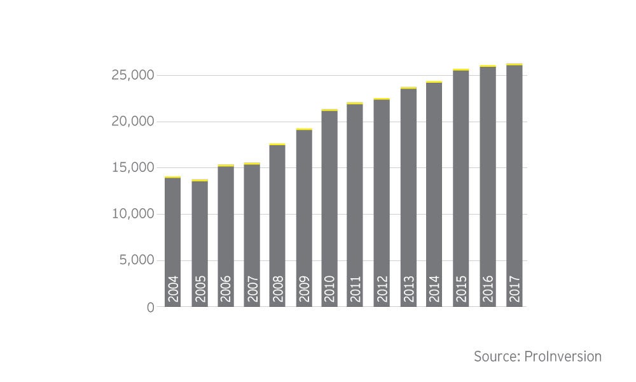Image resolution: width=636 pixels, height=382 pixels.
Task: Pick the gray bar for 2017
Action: (x=514, y=178)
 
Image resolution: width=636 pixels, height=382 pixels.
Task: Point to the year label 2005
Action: (x=200, y=289)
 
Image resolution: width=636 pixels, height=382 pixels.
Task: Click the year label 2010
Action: (x=330, y=289)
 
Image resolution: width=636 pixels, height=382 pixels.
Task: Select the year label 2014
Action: (x=434, y=289)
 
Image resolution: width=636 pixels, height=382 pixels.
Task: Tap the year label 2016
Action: (x=488, y=289)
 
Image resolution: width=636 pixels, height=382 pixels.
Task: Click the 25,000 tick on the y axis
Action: (x=132, y=76)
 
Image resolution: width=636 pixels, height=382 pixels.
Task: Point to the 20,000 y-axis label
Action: (x=132, y=122)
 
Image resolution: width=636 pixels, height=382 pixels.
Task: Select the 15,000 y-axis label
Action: (x=132, y=168)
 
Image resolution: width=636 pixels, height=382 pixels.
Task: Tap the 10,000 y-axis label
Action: (x=132, y=214)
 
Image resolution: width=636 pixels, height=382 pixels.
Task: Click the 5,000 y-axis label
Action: (x=137, y=260)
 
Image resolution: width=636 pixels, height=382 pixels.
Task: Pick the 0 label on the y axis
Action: (x=151, y=307)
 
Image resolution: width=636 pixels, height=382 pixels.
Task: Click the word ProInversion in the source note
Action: (x=563, y=357)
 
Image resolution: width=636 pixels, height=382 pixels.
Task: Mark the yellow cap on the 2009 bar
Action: (x=304, y=129)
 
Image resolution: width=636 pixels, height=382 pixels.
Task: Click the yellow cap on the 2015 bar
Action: (x=461, y=69)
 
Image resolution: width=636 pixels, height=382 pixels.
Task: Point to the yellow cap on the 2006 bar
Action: (x=226, y=166)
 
